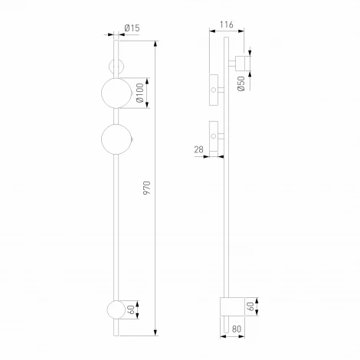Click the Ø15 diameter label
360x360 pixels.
point(133,29)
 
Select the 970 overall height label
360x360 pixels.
point(147,188)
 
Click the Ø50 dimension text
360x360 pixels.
point(241,83)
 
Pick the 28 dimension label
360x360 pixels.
point(199,149)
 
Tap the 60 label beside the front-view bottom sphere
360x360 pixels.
point(132,310)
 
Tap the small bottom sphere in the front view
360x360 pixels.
point(116,310)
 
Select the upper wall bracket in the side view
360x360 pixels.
point(214,89)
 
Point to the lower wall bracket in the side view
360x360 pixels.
point(214,136)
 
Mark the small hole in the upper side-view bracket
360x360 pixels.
point(213,90)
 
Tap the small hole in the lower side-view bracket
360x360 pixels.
point(213,137)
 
